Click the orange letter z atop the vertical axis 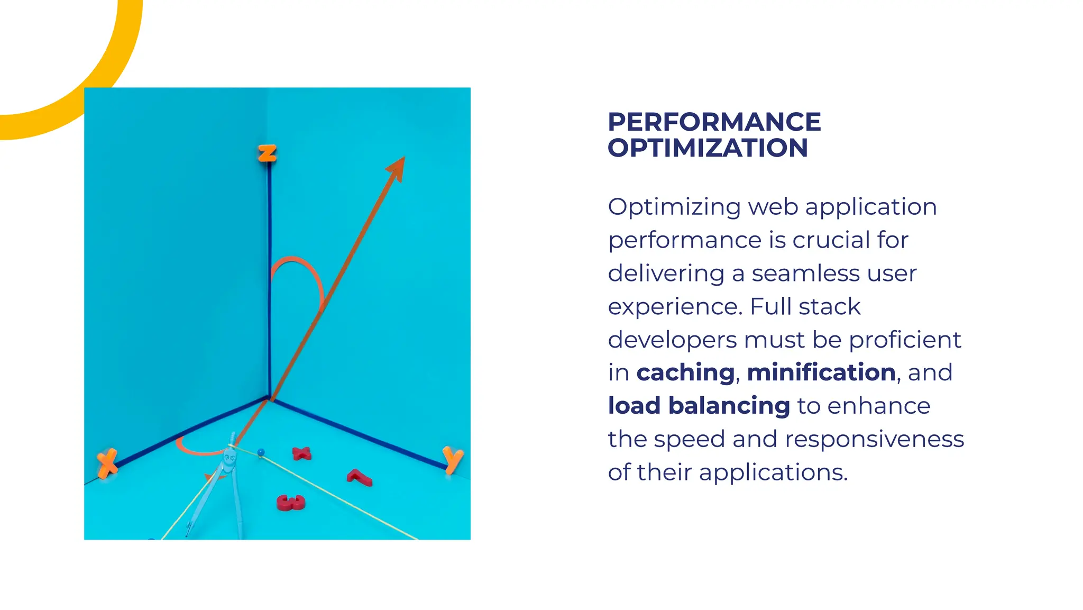pyautogui.click(x=267, y=153)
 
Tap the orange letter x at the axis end pyautogui.click(x=107, y=463)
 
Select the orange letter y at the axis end pyautogui.click(x=453, y=459)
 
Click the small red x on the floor pyautogui.click(x=301, y=453)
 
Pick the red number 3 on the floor pyautogui.click(x=291, y=502)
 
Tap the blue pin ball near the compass pyautogui.click(x=261, y=452)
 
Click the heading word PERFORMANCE pyautogui.click(x=714, y=122)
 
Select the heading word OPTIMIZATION pyautogui.click(x=708, y=148)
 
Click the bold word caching pyautogui.click(x=685, y=372)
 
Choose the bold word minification pyautogui.click(x=821, y=372)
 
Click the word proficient pyautogui.click(x=905, y=340)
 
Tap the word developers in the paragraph pyautogui.click(x=672, y=340)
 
